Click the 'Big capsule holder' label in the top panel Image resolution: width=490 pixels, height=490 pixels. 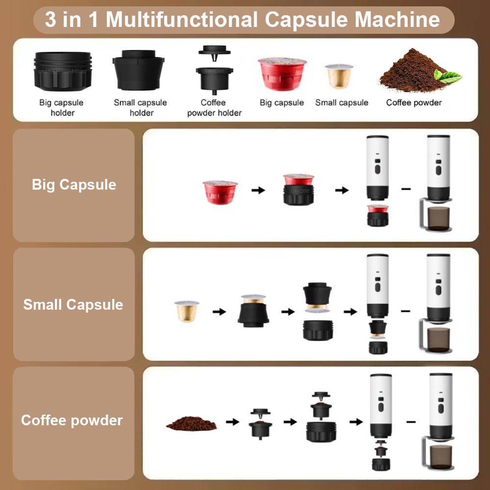pyautogui.click(x=61, y=108)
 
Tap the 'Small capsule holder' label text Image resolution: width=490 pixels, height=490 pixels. pyautogui.click(x=140, y=108)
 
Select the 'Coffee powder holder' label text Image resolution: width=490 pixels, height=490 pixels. pyautogui.click(x=214, y=108)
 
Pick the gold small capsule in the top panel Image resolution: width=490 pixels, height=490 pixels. pyautogui.click(x=339, y=75)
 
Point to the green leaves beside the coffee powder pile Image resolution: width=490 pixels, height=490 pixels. pyautogui.click(x=448, y=76)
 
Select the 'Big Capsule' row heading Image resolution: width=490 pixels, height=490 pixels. pyautogui.click(x=74, y=185)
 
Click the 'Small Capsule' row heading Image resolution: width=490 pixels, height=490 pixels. pyautogui.click(x=73, y=304)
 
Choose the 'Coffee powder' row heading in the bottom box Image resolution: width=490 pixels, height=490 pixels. pyautogui.click(x=72, y=420)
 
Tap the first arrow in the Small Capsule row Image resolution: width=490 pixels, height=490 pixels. pyautogui.click(x=219, y=311)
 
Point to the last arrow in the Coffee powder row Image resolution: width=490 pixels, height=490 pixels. pyautogui.click(x=356, y=421)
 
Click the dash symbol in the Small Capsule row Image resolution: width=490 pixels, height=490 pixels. pyautogui.click(x=406, y=311)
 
